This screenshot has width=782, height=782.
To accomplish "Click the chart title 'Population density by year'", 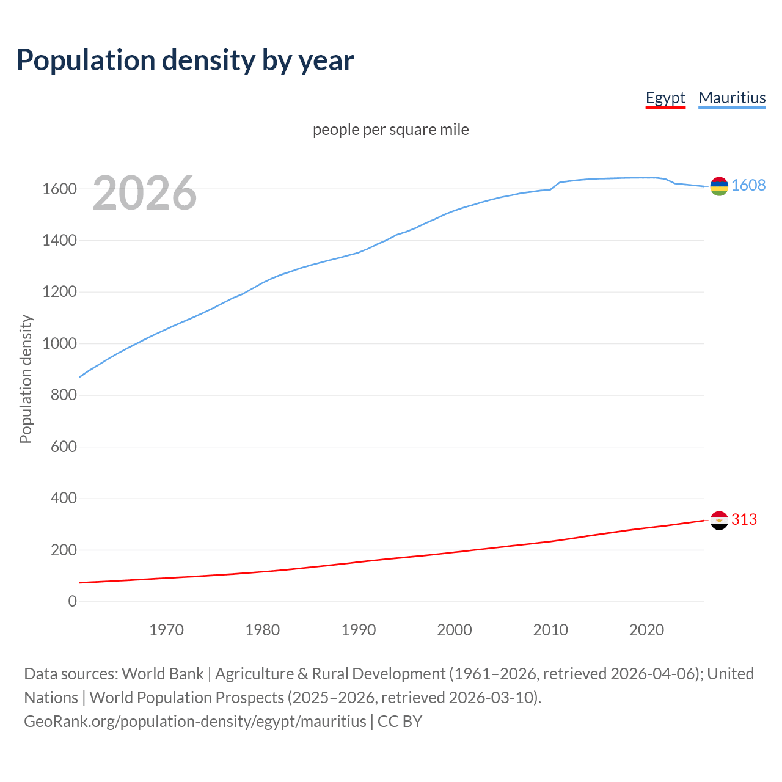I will click(x=185, y=60).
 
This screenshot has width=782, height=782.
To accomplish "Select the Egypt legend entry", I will click(x=665, y=98).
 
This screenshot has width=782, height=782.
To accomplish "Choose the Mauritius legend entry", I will click(x=732, y=98).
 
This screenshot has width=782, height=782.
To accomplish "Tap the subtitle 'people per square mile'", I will click(x=390, y=130).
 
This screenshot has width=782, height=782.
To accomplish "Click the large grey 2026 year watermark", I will click(x=145, y=193).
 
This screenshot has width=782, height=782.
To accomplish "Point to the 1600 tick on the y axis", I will click(x=59, y=189).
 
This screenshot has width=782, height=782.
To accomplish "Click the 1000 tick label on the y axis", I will click(x=59, y=344).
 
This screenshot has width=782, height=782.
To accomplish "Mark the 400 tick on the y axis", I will click(x=64, y=499).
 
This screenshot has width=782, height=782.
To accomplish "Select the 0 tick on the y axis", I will click(x=73, y=602).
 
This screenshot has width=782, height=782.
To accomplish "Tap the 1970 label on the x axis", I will click(x=166, y=630).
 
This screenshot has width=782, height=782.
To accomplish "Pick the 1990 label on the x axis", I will click(x=359, y=630).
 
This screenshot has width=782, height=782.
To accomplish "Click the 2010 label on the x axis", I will click(x=550, y=630).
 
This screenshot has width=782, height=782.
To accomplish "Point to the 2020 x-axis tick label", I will click(x=646, y=630).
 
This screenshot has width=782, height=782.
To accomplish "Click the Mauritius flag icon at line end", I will click(x=719, y=186).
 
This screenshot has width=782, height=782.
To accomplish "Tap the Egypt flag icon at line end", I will click(x=719, y=520).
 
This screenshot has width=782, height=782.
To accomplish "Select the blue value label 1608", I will click(x=748, y=186).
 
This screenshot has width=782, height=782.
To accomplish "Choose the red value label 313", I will click(x=744, y=519).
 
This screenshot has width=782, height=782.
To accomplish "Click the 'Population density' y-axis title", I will click(x=26, y=379).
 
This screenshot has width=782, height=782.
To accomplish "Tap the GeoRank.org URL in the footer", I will click(x=195, y=722).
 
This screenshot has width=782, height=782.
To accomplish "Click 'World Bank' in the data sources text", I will click(x=163, y=674).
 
